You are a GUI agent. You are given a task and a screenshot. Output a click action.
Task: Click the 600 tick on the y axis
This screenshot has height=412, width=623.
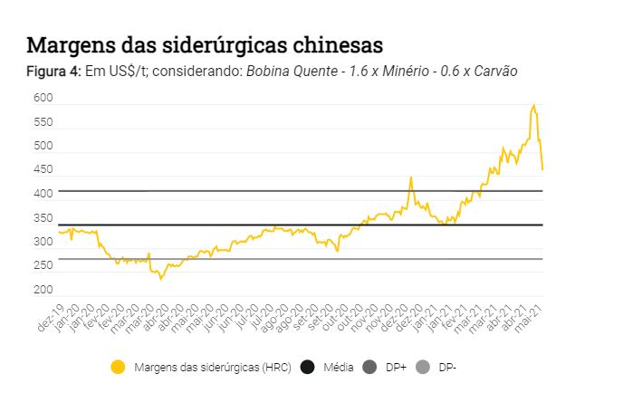click(x=43, y=98)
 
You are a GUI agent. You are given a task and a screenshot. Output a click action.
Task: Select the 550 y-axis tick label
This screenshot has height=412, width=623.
click(x=43, y=122)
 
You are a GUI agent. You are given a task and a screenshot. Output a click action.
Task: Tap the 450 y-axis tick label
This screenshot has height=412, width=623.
click(x=43, y=170)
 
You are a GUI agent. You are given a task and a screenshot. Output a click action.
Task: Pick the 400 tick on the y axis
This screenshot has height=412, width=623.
click(x=43, y=194)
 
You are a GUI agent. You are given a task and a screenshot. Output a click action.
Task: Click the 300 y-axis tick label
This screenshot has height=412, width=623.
click(x=43, y=242)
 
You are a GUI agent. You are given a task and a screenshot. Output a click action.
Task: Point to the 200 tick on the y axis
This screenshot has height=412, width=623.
click(x=43, y=290)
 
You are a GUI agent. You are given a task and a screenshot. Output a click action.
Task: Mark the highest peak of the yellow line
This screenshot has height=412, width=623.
click(x=534, y=105)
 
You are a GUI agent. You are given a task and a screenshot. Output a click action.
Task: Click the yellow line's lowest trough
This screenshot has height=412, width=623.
click(x=161, y=279)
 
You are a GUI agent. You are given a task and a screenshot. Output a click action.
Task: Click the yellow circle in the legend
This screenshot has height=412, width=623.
click(x=118, y=367)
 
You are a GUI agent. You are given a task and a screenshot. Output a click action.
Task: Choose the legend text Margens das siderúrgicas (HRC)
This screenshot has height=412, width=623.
click(x=212, y=367)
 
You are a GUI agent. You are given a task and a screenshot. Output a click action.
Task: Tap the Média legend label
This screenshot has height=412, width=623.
click(x=338, y=367)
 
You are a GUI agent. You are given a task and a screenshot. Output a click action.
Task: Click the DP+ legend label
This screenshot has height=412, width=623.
click(x=396, y=367)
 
